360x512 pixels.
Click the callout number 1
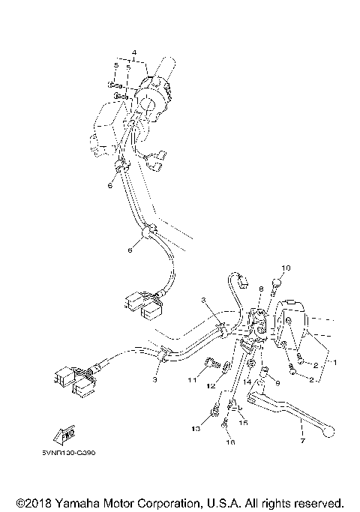point(334,362)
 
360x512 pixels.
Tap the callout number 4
point(134,52)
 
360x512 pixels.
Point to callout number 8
point(260,289)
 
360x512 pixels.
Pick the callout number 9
point(277,384)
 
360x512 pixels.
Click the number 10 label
point(285,268)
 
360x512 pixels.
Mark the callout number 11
point(192,381)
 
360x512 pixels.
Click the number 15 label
point(242,423)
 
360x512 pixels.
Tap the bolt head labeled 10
point(276,283)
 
